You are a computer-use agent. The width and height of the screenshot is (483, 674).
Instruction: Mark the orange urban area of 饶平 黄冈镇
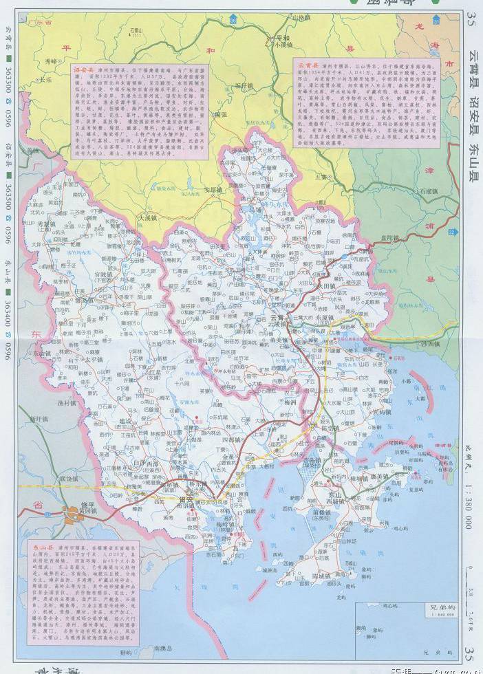71,513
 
